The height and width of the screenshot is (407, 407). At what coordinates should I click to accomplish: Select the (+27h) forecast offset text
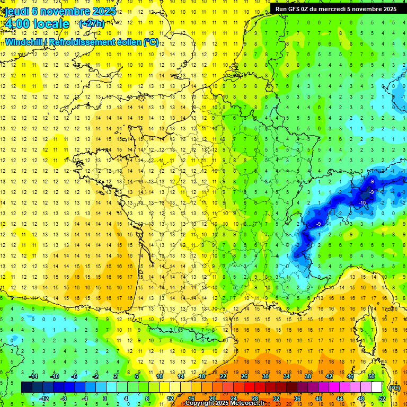click(92, 23)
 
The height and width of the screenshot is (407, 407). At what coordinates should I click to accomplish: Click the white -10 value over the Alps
click(363, 203)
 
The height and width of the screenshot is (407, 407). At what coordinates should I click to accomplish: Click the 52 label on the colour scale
click(382, 398)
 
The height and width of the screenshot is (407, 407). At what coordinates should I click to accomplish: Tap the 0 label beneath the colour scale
click(105, 398)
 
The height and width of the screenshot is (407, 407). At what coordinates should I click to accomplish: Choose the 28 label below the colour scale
click(255, 398)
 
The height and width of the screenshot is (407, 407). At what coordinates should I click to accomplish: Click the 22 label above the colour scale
click(223, 376)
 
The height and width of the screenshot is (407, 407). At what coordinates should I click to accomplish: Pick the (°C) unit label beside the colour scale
click(394, 388)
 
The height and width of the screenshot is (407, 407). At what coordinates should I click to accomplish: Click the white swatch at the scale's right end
click(377, 387)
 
